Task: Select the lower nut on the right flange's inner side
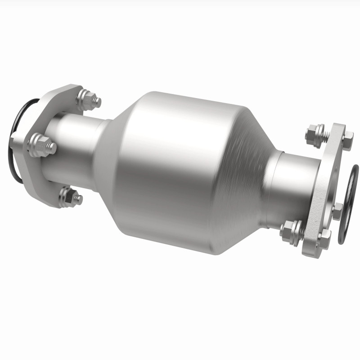[290, 232]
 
